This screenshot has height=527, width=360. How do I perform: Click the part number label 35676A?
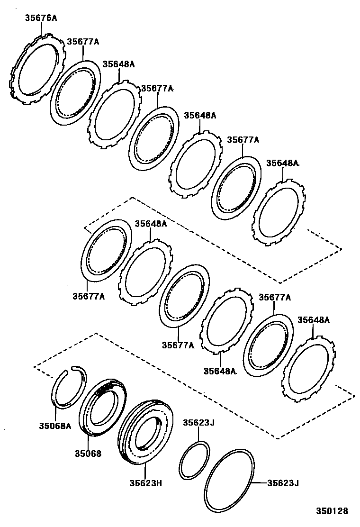tap(41, 18)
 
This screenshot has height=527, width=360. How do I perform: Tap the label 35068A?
tap(55, 426)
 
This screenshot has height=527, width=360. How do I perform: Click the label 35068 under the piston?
tap(88, 453)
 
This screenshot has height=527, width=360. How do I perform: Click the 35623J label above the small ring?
tap(199, 422)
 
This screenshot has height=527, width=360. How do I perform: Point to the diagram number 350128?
tap(332, 511)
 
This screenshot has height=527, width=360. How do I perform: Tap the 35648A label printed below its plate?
tap(219, 371)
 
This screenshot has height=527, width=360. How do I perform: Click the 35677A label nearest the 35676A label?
tap(83, 41)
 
